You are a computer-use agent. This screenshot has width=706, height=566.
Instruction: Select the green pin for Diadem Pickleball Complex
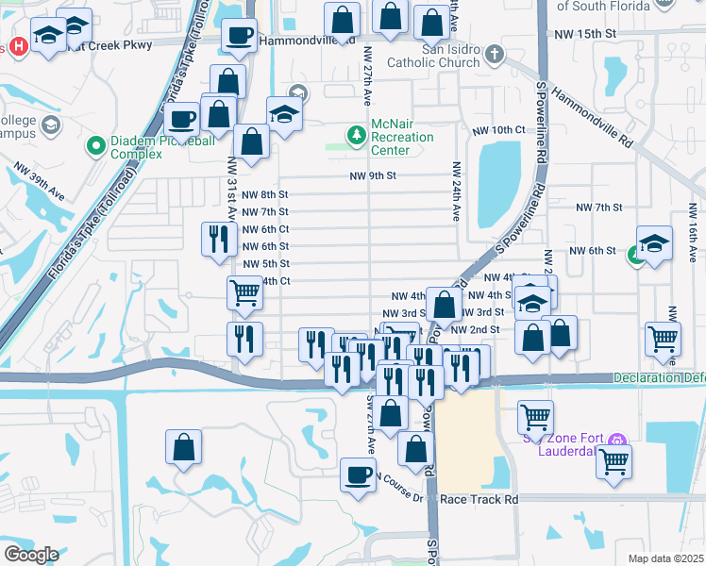(x=95, y=146)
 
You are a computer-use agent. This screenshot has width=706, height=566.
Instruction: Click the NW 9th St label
(x=372, y=175)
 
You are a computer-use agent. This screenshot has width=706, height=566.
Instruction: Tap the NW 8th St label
(x=264, y=194)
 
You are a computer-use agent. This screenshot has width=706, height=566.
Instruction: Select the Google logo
(x=31, y=555)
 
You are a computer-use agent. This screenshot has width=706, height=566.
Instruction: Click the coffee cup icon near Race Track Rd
(x=357, y=474)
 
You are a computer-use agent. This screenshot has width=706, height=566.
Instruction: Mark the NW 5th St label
(x=264, y=263)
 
